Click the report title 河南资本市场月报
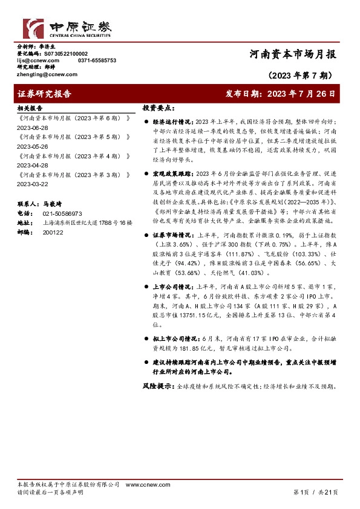(x=293, y=54)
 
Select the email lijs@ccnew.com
(x=38, y=61)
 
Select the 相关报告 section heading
(x=28, y=108)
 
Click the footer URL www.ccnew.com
(x=141, y=485)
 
